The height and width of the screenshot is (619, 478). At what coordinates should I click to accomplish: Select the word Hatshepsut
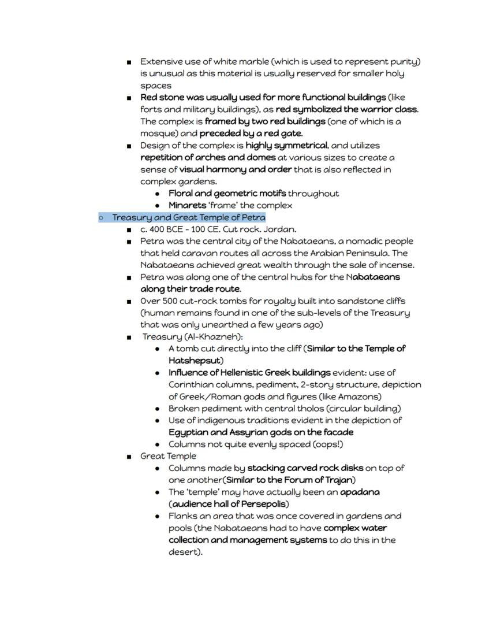click(x=195, y=360)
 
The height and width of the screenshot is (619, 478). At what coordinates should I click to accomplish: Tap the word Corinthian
click(x=192, y=384)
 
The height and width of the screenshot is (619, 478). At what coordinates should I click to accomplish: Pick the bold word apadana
click(x=360, y=492)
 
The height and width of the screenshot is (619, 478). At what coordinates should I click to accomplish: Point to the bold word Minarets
click(x=187, y=205)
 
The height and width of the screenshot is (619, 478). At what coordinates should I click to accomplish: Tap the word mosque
click(x=156, y=134)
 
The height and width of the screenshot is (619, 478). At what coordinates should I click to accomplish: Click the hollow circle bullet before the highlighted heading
click(x=101, y=218)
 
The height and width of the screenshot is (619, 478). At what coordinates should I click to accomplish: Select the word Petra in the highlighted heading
click(x=253, y=217)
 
